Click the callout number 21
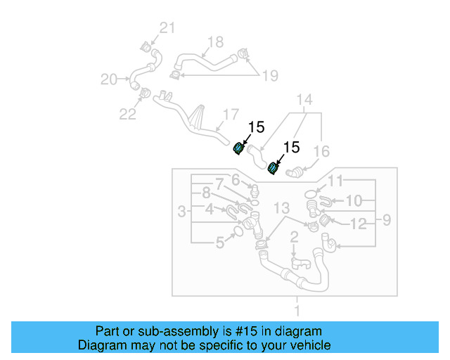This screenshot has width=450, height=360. click(166, 28)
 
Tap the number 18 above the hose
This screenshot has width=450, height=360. click(215, 41)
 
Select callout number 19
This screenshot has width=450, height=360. click(270, 75)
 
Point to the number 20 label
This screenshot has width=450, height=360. click(109, 79)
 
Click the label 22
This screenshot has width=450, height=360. click(127, 114)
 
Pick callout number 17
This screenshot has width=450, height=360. click(231, 115)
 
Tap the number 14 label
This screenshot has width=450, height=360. click(304, 101)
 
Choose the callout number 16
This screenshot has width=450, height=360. click(321, 151)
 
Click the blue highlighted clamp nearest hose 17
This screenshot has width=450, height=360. click(239, 147)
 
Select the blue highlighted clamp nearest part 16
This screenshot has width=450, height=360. click(273, 168)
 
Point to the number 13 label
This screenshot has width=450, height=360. click(281, 209)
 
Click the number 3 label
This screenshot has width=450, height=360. click(181, 211)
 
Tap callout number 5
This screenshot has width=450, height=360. click(220, 243)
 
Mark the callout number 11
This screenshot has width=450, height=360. click(335, 181)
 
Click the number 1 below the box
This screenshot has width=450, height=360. click(296, 310)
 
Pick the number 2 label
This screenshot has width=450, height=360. click(295, 237)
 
